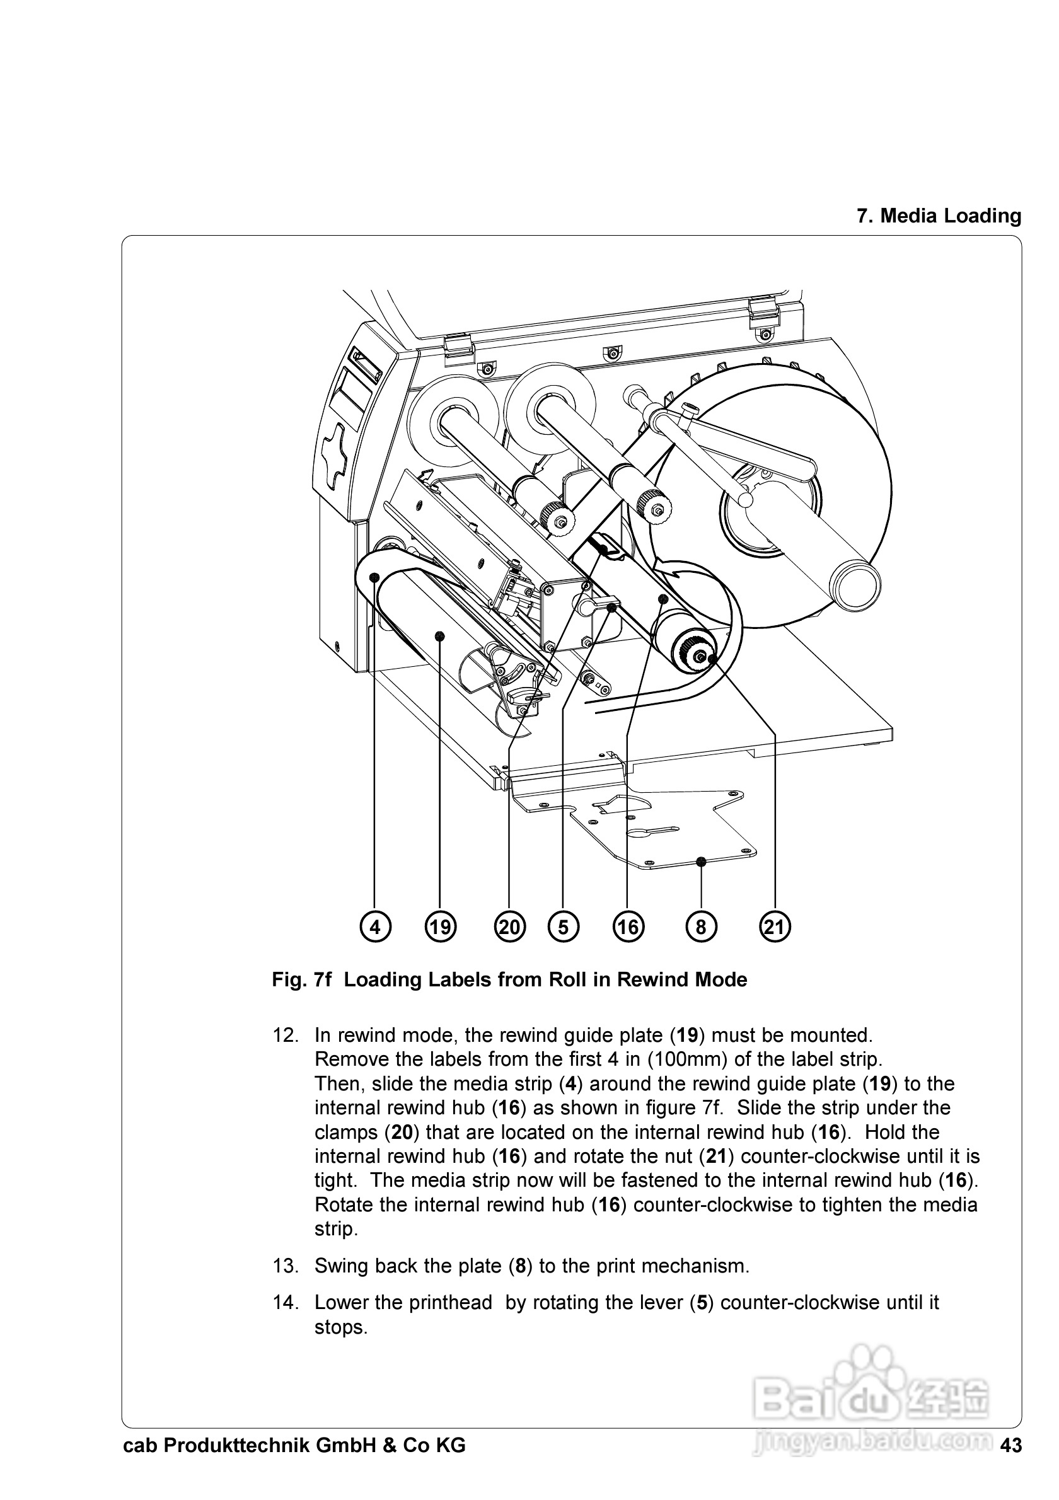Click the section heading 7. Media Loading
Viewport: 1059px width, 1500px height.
[x=939, y=216]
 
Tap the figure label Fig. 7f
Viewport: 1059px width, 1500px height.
[x=302, y=979]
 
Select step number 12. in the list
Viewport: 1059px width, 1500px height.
[x=286, y=1036]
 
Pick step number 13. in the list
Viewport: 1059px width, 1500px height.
[x=286, y=1266]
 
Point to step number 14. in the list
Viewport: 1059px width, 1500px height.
[x=286, y=1302]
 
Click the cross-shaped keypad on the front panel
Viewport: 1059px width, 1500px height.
[x=339, y=457]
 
